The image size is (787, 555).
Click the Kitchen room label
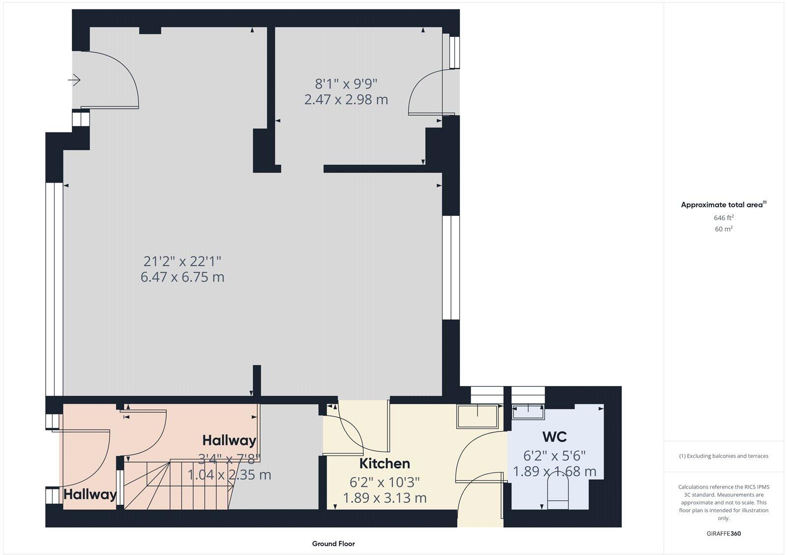pos(384,463)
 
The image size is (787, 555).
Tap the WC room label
pos(554,437)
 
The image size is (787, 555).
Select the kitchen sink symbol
pos(478,416)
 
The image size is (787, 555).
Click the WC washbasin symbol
pos(528,411)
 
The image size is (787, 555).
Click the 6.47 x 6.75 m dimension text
pos(182,277)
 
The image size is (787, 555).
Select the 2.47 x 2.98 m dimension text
pos(346,100)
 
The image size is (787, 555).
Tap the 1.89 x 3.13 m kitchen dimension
pos(384,498)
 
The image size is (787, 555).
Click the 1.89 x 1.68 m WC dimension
pos(554,471)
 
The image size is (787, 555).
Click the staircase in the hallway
pos(177,484)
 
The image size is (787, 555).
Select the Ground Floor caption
pos(333,544)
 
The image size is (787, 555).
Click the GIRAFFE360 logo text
pos(723,533)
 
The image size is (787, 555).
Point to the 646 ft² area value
pos(723,217)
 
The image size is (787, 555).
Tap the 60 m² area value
pos(723,229)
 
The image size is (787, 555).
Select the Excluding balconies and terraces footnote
pos(723,456)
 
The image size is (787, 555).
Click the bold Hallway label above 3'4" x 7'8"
pos(229,440)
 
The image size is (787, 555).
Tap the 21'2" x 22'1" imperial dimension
pos(182,261)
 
